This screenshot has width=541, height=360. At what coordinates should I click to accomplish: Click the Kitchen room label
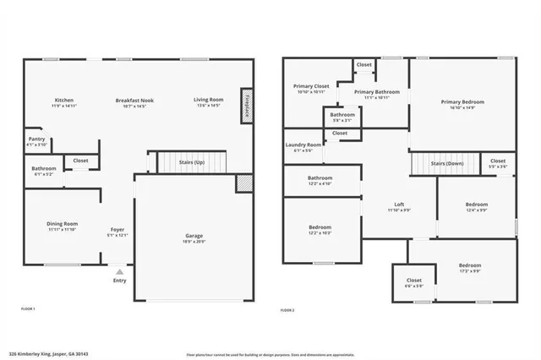(x=64, y=100)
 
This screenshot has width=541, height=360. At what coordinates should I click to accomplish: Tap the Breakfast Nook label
(x=134, y=100)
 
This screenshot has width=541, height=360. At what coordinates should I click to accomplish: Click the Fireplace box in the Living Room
(x=246, y=107)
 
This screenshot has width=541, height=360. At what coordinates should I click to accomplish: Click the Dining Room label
(x=62, y=223)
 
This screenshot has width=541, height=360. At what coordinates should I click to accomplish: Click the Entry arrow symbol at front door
(x=119, y=273)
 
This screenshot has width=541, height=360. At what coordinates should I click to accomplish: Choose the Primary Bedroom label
(x=462, y=101)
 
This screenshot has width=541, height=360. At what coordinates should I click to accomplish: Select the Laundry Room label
(x=303, y=145)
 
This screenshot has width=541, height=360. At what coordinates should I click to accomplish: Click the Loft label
(x=399, y=205)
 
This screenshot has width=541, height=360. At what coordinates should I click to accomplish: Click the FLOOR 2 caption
(x=287, y=310)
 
